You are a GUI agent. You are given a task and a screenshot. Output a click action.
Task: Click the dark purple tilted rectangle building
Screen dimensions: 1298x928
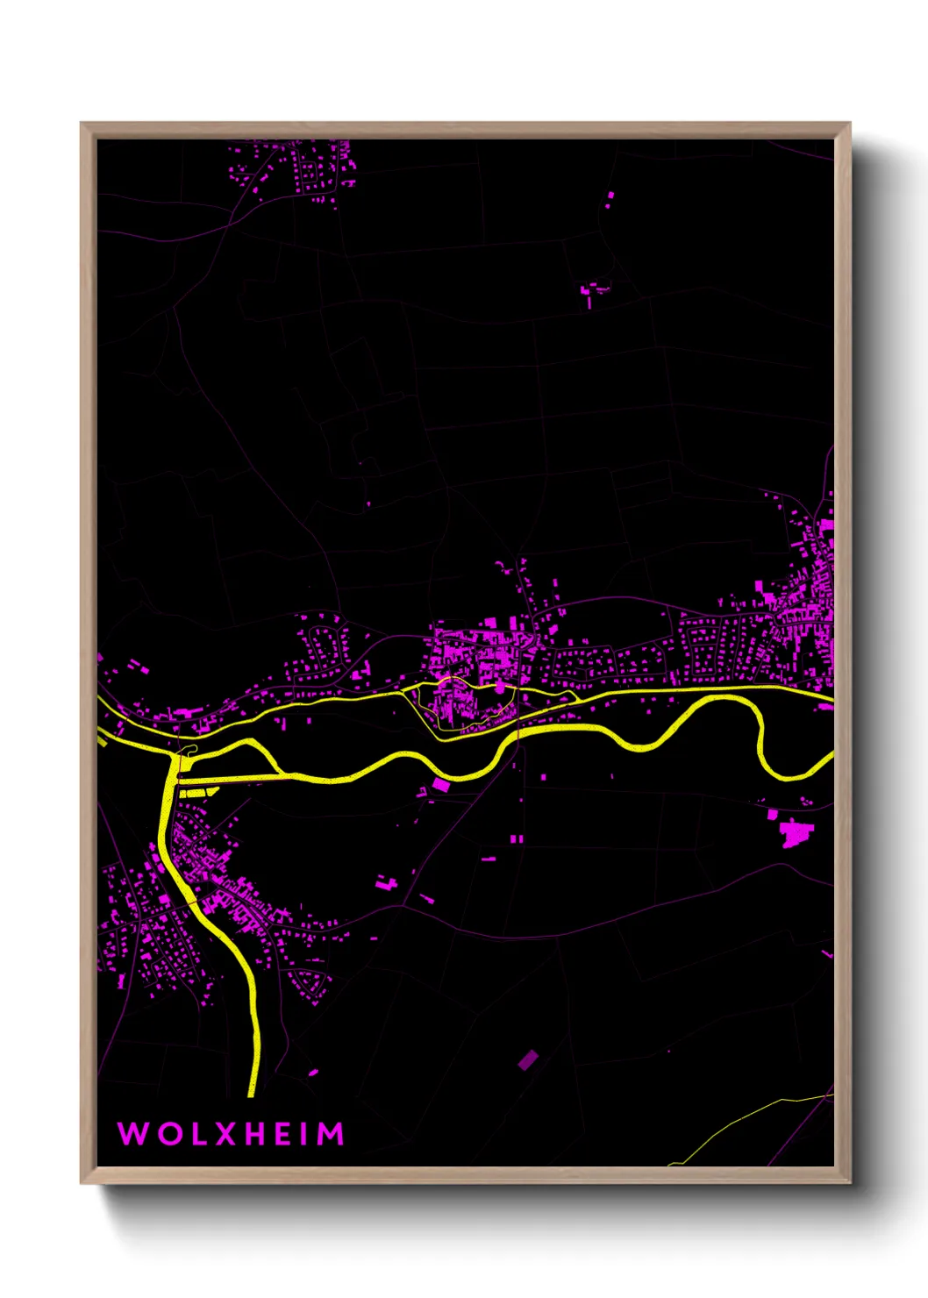click(527, 1059)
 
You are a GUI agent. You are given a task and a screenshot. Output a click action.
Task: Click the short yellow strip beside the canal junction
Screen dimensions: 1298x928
click(199, 792)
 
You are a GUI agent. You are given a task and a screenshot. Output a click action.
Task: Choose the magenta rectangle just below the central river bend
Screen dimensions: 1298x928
click(440, 785)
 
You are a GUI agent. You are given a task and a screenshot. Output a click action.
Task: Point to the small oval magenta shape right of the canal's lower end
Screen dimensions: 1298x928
click(313, 1072)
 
